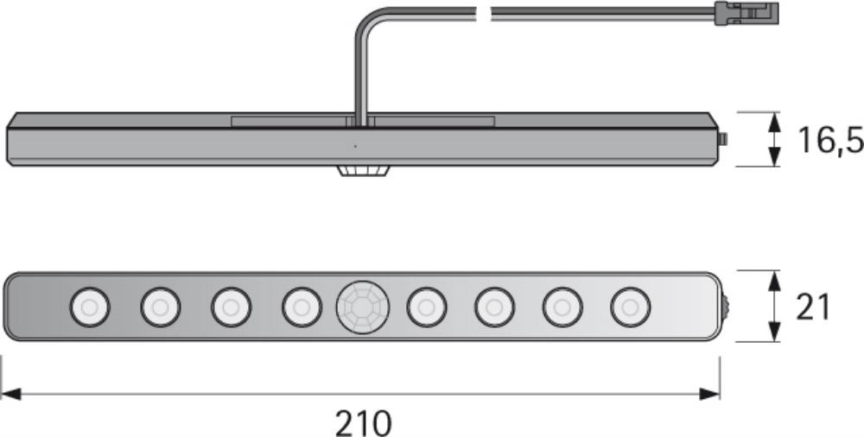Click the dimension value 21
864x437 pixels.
[x=812, y=307]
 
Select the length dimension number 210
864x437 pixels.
[x=363, y=423]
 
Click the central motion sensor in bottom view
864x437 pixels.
[x=363, y=306]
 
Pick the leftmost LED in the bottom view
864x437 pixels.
[x=89, y=307]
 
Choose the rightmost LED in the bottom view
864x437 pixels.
[x=630, y=307]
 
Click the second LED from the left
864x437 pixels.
[x=160, y=307]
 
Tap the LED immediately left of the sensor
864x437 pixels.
[x=302, y=307]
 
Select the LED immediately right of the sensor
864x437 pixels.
[x=426, y=307]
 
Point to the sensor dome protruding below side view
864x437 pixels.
[x=363, y=171]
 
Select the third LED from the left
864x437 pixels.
[x=231, y=307]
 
